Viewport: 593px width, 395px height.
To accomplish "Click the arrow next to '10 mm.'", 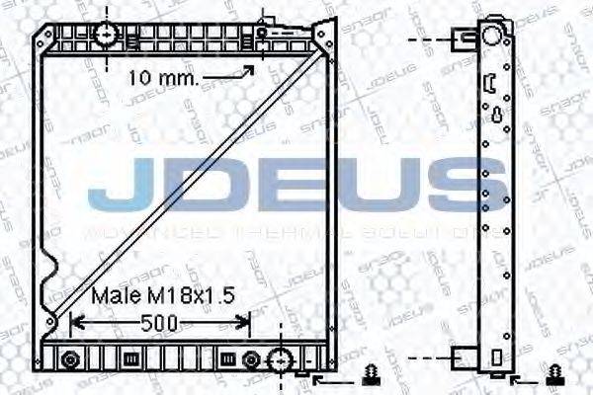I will click(243, 71).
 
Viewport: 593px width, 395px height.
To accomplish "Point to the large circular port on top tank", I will click(106, 36).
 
